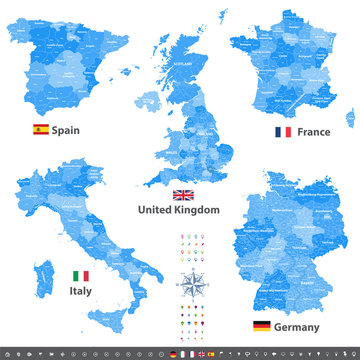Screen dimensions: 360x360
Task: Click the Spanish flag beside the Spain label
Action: click(x=41, y=129)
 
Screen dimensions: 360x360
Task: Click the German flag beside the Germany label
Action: click(x=262, y=326)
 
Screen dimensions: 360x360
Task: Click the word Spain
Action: click(x=66, y=129)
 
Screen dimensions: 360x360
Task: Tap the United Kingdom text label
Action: click(x=183, y=210)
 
